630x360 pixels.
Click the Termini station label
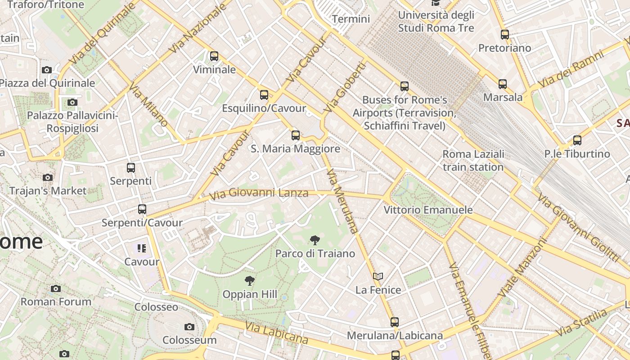pyautogui.click(x=351, y=19)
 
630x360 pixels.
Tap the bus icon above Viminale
pyautogui.click(x=214, y=56)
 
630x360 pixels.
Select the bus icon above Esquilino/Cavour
pyautogui.click(x=264, y=95)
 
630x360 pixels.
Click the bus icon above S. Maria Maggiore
pyautogui.click(x=296, y=135)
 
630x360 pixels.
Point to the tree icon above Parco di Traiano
pyautogui.click(x=315, y=240)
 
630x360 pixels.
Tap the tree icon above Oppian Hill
pyautogui.click(x=249, y=281)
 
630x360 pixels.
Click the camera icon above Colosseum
pyautogui.click(x=189, y=327)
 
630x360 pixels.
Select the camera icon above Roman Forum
pyautogui.click(x=56, y=288)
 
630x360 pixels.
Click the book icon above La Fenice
pyautogui.click(x=378, y=276)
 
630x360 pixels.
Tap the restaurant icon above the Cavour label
pyautogui.click(x=142, y=248)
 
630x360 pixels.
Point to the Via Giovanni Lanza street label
pyautogui.click(x=259, y=193)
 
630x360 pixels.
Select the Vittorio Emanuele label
pyautogui.click(x=428, y=210)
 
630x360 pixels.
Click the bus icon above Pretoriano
pyautogui.click(x=505, y=34)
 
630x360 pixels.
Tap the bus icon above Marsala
pyautogui.click(x=503, y=84)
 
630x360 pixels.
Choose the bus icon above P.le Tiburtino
pyautogui.click(x=577, y=140)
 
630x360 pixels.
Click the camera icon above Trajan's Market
pyautogui.click(x=48, y=177)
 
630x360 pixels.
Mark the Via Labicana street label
pyautogui.click(x=276, y=333)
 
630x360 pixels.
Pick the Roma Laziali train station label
pyautogui.click(x=473, y=161)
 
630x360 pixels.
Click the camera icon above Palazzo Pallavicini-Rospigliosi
pyautogui.click(x=72, y=103)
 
